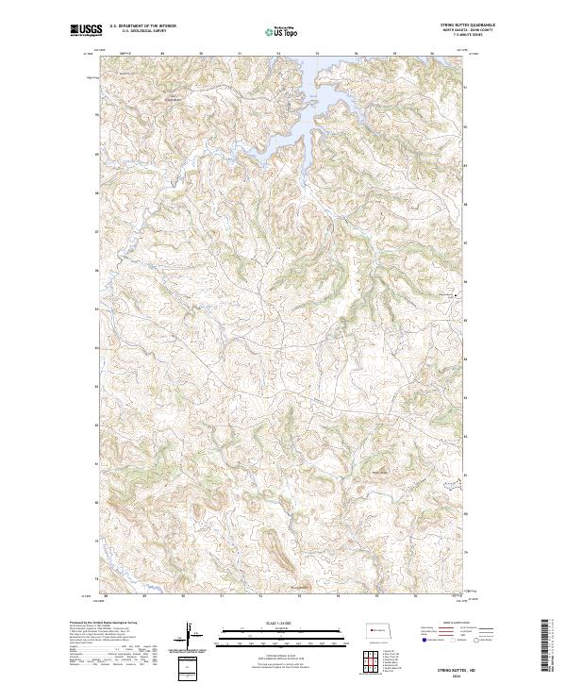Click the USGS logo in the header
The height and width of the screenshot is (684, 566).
click(85, 30)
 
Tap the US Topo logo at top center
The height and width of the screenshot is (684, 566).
click(282, 32)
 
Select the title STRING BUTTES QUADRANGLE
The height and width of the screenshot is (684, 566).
click(469, 25)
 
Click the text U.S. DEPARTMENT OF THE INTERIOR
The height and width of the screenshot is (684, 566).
click(142, 26)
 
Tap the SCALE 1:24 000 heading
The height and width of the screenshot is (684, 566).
click(282, 622)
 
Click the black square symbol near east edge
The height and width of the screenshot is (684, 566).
click(458, 296)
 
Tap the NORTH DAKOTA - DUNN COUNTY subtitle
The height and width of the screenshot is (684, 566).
click(469, 32)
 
